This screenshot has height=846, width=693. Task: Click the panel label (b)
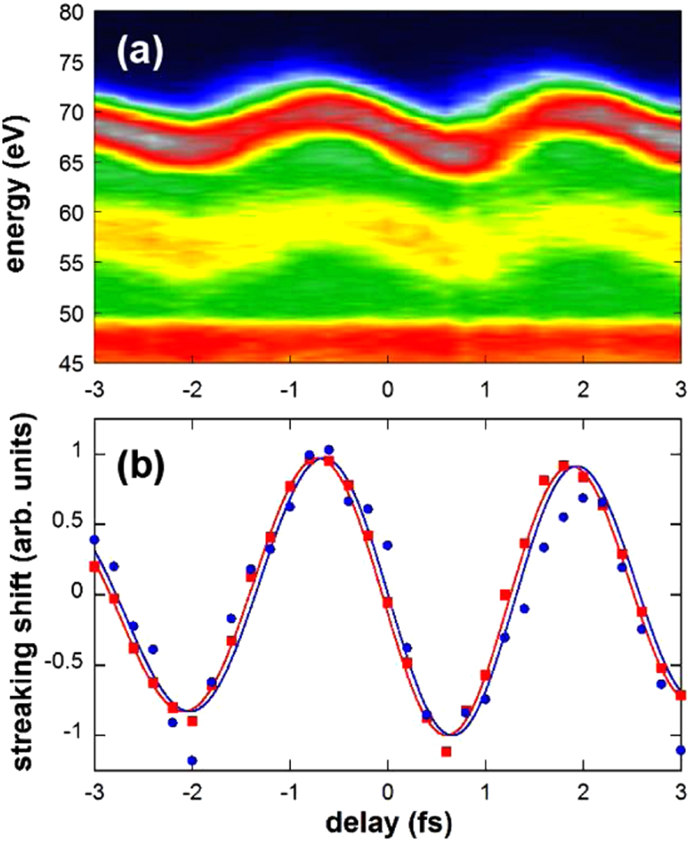tap(139, 469)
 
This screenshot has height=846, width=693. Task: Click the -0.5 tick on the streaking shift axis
tap(69, 665)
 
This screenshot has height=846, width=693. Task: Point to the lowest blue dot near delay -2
tap(192, 761)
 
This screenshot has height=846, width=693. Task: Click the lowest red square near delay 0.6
tap(446, 751)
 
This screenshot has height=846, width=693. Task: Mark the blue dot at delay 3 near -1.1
tap(680, 750)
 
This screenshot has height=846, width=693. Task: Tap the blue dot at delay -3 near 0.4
tap(94, 540)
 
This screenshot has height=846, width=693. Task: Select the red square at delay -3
tap(95, 566)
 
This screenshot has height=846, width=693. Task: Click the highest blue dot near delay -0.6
tap(329, 449)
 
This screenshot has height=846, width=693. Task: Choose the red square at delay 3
tap(680, 695)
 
